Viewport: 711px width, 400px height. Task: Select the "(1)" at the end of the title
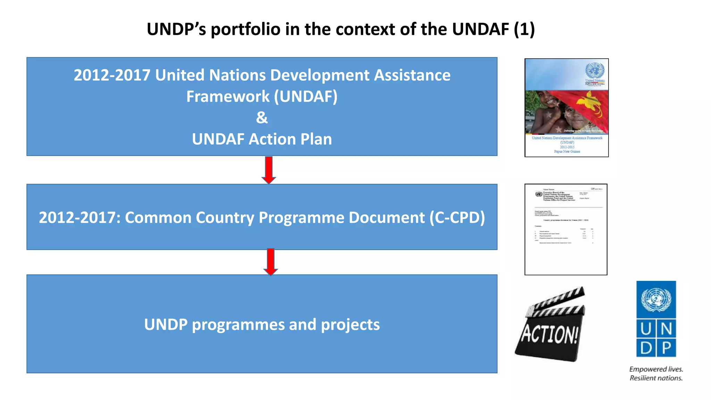click(x=524, y=29)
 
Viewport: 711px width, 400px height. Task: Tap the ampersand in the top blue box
click(x=262, y=117)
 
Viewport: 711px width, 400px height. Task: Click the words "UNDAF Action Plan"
click(x=262, y=139)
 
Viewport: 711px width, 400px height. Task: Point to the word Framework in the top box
click(x=227, y=97)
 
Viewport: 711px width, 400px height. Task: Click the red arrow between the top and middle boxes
click(x=269, y=170)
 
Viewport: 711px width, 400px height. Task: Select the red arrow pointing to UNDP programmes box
click(x=270, y=262)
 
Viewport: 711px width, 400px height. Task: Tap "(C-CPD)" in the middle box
click(x=457, y=218)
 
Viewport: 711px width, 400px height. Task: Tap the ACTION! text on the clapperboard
click(x=549, y=334)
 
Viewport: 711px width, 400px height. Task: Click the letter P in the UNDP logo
click(x=666, y=348)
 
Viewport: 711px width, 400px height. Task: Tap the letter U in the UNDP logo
click(x=646, y=328)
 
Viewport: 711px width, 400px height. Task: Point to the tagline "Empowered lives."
click(x=656, y=369)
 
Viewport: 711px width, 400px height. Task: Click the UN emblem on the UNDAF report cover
click(x=595, y=70)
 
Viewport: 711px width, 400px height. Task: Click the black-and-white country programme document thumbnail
click(x=566, y=229)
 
